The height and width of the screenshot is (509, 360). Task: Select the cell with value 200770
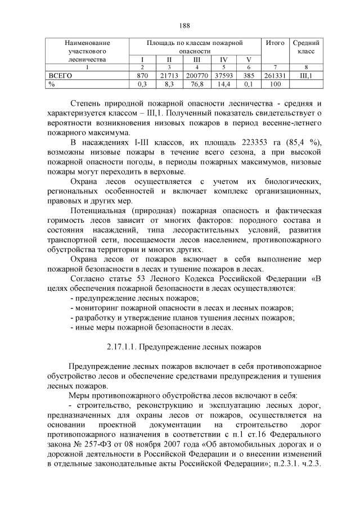click(197, 75)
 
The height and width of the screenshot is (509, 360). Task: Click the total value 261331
click(275, 75)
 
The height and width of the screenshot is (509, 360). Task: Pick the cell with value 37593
click(223, 75)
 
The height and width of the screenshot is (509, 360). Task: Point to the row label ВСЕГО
click(60, 75)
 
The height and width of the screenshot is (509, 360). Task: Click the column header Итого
click(275, 42)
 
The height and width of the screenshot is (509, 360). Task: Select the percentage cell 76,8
click(197, 83)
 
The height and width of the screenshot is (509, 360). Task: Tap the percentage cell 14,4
click(223, 83)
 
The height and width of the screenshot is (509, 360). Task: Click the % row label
click(52, 83)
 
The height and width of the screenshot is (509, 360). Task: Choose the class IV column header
click(223, 59)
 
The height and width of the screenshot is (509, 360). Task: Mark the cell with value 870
click(142, 75)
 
